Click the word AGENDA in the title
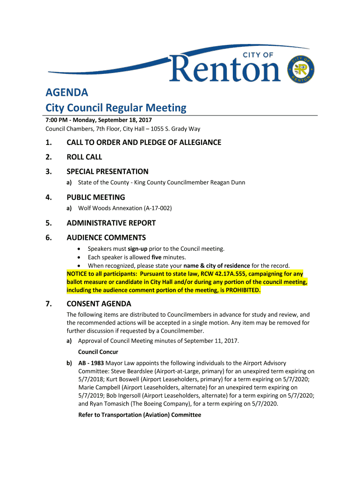click(66, 92)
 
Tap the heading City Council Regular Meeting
click(116, 108)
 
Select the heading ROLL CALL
click(84, 157)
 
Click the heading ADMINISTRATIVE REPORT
click(111, 223)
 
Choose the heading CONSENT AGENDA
click(99, 304)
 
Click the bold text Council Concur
click(98, 352)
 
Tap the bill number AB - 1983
click(91, 363)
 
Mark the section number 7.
click(48, 304)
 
